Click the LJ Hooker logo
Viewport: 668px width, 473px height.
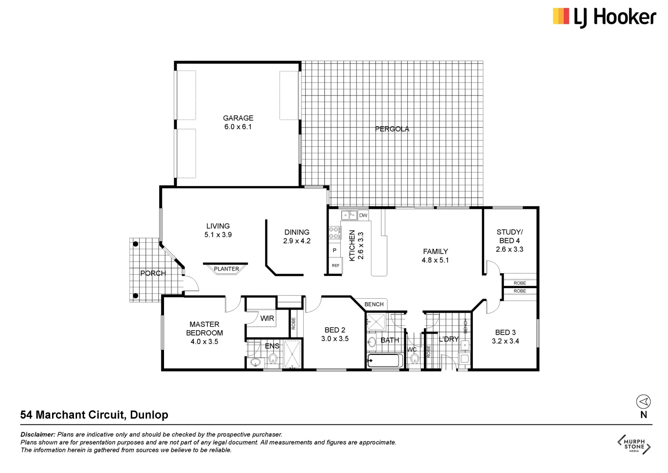point(604,18)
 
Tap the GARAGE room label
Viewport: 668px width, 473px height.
point(238,118)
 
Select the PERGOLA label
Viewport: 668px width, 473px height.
point(392,129)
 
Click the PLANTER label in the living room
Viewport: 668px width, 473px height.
point(226,269)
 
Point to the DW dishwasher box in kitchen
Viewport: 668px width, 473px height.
point(363,215)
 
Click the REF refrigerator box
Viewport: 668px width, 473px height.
point(335,266)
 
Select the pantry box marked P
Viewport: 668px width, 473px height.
point(335,251)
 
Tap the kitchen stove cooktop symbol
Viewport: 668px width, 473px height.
point(334,233)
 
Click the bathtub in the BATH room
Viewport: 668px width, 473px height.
point(385,361)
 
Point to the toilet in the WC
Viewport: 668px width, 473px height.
point(414,359)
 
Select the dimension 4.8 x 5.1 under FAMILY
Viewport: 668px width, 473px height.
point(435,260)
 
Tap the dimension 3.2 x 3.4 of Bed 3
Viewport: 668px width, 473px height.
point(505,341)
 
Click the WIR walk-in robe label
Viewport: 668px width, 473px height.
point(267,318)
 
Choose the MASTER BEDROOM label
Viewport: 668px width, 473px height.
point(204,328)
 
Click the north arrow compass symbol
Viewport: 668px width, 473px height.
point(643,402)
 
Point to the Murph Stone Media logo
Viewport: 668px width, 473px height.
point(634,445)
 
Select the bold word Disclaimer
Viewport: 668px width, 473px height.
point(38,434)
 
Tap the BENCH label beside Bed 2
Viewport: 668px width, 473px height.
point(374,304)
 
